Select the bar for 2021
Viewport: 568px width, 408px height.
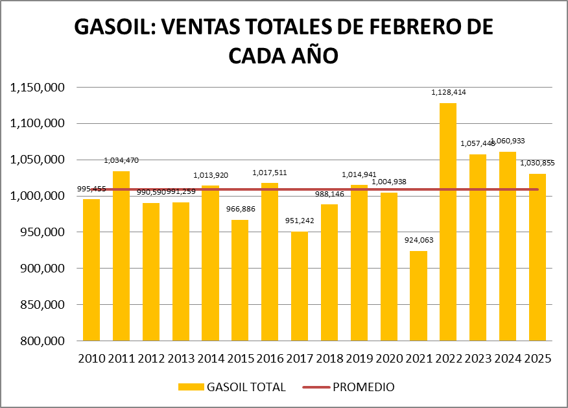[x=418, y=296]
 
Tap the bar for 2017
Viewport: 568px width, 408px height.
[x=300, y=286]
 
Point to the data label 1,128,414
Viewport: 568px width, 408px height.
[x=449, y=93]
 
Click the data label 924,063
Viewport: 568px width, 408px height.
[x=418, y=240]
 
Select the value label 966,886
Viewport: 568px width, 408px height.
[x=240, y=210]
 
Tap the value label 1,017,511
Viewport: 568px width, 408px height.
[x=270, y=173]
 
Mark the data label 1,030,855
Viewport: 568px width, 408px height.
[x=538, y=163]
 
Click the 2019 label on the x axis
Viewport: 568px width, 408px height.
[x=359, y=358]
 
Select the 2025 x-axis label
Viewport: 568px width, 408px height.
[x=537, y=358]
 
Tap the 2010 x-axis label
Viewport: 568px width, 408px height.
[x=91, y=358]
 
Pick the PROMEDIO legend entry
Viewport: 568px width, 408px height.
[x=363, y=387]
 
